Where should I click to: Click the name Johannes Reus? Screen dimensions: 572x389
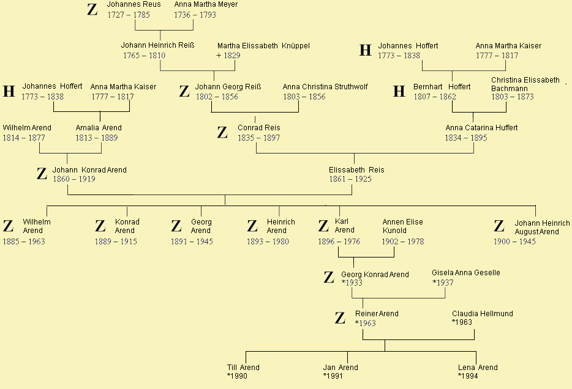pyautogui.click(x=134, y=4)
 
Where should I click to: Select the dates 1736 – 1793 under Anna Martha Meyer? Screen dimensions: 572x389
pyautogui.click(x=195, y=15)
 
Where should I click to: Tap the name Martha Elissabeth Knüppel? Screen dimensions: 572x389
pyautogui.click(x=263, y=46)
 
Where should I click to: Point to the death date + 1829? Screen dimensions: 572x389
pyautogui.click(x=228, y=56)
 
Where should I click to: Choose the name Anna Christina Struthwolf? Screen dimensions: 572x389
pyautogui.click(x=325, y=87)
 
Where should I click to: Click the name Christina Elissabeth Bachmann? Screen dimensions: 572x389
pyautogui.click(x=525, y=84)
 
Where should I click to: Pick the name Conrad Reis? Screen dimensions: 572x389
pyautogui.click(x=259, y=128)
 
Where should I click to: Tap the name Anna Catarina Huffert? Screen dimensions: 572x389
pyautogui.click(x=481, y=128)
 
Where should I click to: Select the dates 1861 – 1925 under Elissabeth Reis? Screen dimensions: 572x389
pyautogui.click(x=350, y=179)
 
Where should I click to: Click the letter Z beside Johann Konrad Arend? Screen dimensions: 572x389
pyautogui.click(x=42, y=174)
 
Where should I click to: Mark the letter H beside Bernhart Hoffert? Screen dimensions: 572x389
pyautogui.click(x=399, y=91)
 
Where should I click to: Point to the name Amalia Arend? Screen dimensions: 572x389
pyautogui.click(x=99, y=128)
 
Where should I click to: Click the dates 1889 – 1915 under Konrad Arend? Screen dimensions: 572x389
pyautogui.click(x=116, y=242)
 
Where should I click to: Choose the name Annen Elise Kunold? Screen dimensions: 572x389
pyautogui.click(x=403, y=226)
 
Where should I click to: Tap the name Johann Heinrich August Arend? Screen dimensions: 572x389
pyautogui.click(x=542, y=228)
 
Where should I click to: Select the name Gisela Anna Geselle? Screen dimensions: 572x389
pyautogui.click(x=466, y=273)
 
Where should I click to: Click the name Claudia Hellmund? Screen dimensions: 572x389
pyautogui.click(x=482, y=314)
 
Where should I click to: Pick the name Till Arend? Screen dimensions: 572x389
pyautogui.click(x=243, y=368)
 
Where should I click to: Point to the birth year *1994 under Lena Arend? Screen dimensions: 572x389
pyautogui.click(x=468, y=376)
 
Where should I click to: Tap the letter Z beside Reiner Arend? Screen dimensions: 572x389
pyautogui.click(x=340, y=318)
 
